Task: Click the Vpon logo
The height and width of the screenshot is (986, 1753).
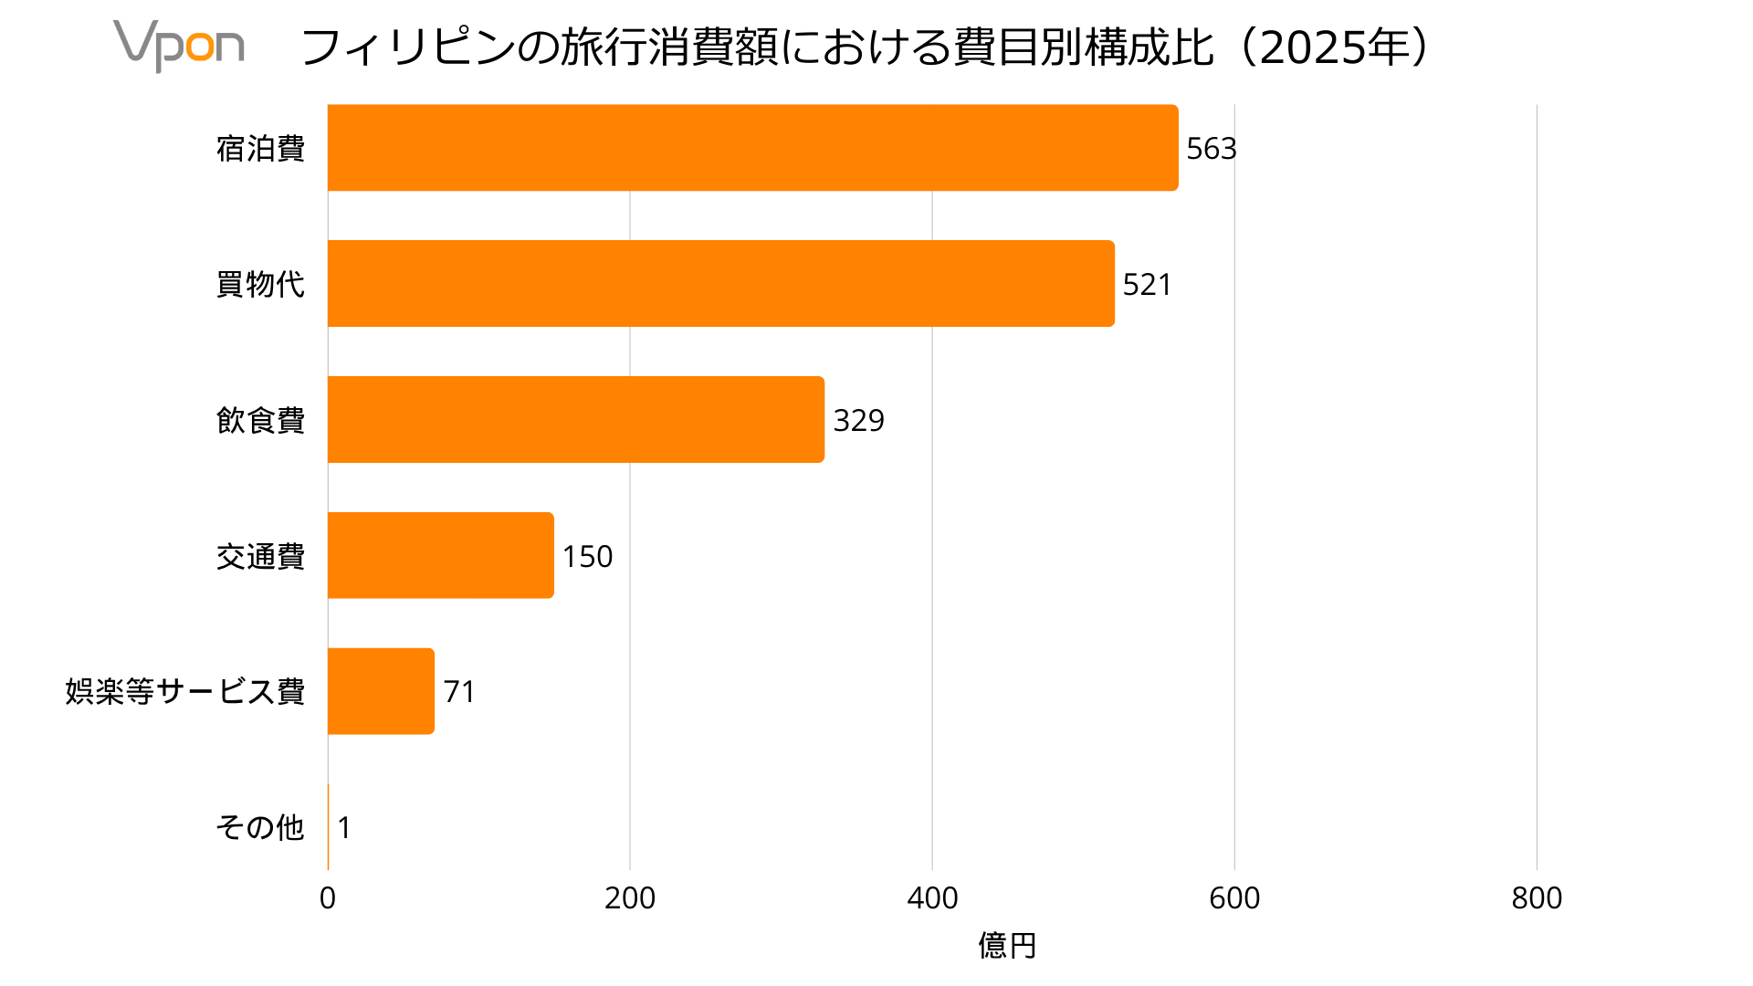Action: (179, 46)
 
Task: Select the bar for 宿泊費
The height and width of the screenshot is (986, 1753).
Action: (752, 148)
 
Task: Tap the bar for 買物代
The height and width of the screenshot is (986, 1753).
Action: (720, 284)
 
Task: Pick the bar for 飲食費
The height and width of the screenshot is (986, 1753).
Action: (575, 420)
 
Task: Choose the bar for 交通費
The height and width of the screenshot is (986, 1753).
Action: (440, 556)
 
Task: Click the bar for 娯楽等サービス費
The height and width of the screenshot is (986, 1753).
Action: (381, 691)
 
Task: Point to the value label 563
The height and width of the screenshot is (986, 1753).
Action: (1211, 149)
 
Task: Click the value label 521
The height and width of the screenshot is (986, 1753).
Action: (1147, 285)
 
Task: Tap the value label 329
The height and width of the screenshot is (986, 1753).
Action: (858, 421)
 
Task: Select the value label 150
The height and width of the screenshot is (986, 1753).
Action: (587, 557)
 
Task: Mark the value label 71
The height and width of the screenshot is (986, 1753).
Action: (459, 692)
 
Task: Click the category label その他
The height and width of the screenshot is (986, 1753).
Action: (259, 827)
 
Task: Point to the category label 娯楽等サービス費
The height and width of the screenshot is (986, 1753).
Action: (184, 691)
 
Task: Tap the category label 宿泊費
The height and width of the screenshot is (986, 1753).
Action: (260, 148)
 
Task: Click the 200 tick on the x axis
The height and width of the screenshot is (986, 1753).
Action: (630, 898)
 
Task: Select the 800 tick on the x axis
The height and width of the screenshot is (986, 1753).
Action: (1537, 898)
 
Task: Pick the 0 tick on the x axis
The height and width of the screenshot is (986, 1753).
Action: (328, 898)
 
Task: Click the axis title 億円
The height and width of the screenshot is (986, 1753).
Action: (1007, 946)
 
